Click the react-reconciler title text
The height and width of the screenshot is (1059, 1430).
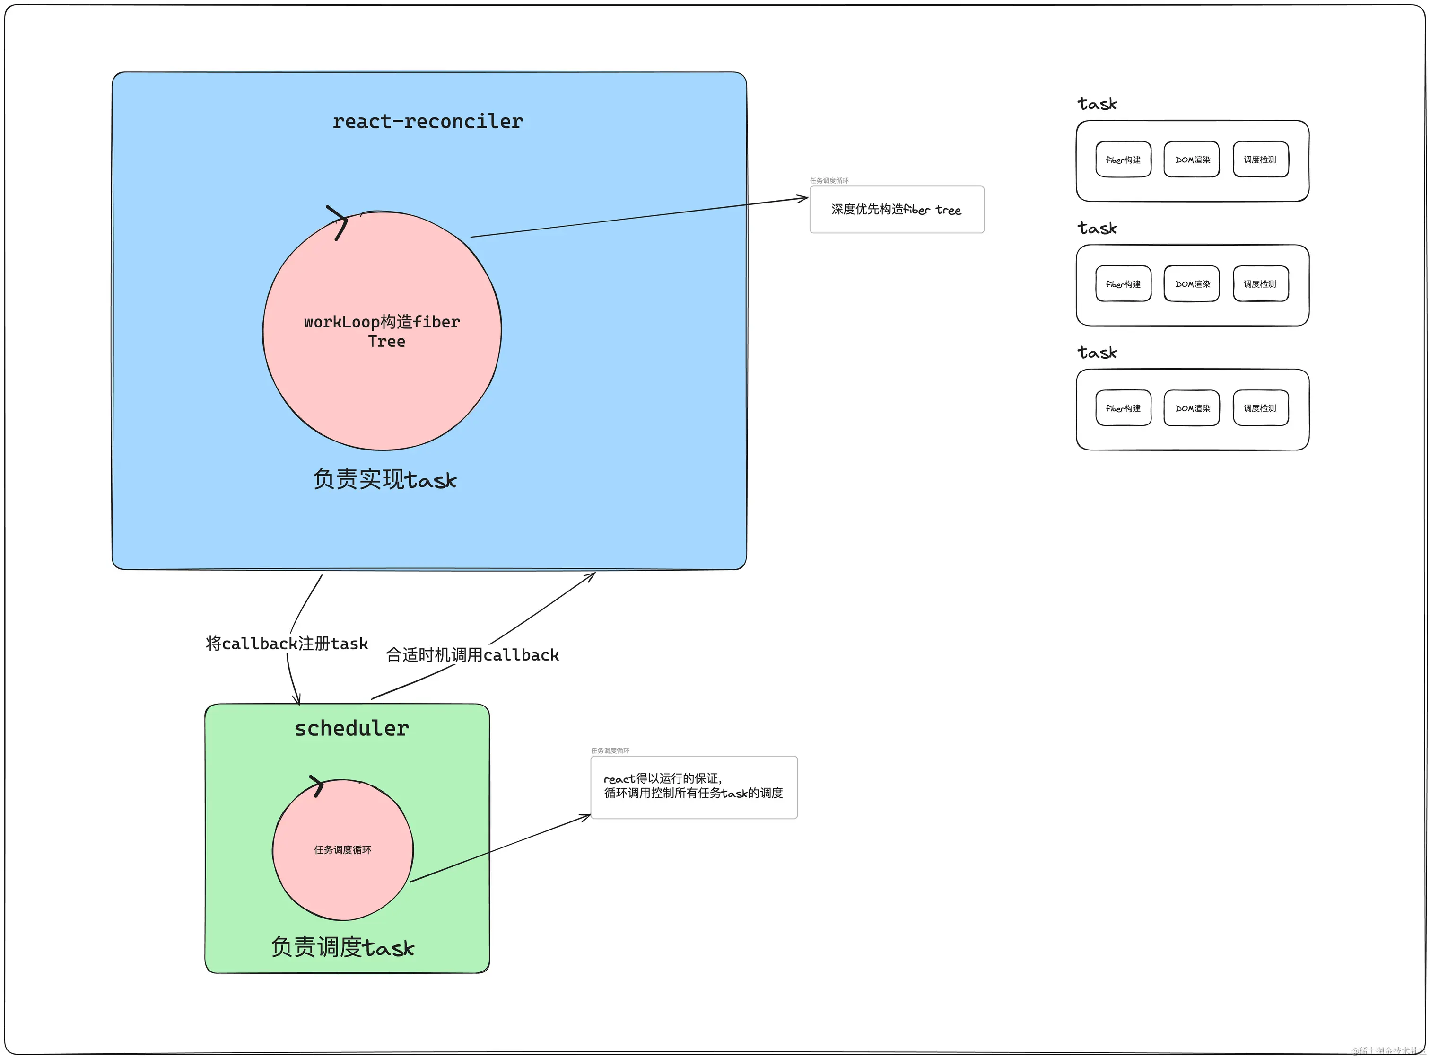click(x=427, y=121)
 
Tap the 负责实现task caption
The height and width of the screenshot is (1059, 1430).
click(x=384, y=479)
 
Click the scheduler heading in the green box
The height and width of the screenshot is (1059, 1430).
click(x=351, y=728)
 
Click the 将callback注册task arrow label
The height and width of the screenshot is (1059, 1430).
click(x=287, y=644)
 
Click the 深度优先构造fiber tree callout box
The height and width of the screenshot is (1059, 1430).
click(x=896, y=210)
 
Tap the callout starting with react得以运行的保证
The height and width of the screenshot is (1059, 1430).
click(x=693, y=786)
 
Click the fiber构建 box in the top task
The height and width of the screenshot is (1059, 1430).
click(x=1123, y=159)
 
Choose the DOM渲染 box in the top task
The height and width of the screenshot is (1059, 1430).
click(x=1192, y=159)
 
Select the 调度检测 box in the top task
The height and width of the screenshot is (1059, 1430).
click(x=1260, y=159)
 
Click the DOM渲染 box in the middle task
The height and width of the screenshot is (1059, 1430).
click(x=1192, y=284)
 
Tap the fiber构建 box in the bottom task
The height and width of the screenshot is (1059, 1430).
click(x=1123, y=408)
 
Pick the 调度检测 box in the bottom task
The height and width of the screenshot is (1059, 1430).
click(x=1260, y=408)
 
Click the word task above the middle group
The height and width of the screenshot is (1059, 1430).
click(x=1097, y=228)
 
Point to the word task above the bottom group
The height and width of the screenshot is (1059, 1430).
click(x=1097, y=353)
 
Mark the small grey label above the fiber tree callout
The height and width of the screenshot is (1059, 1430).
click(x=829, y=181)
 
